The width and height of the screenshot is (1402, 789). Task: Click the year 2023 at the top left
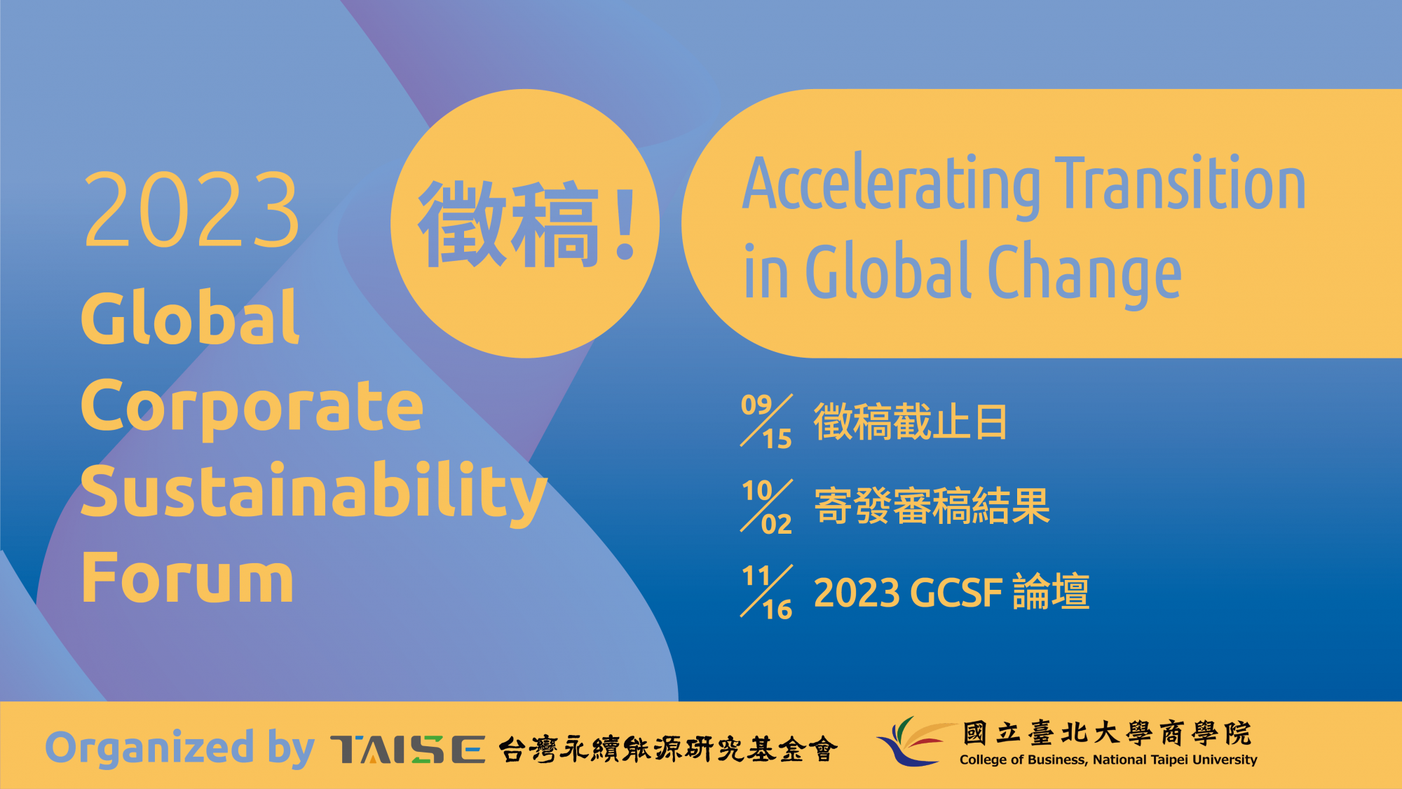[x=191, y=210]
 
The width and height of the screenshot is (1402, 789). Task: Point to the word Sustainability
[x=314, y=493]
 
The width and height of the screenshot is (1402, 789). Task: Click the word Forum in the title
[x=188, y=578]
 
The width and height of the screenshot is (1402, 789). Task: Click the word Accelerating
[x=892, y=185]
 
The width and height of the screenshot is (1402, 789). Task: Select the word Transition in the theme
[x=1181, y=182]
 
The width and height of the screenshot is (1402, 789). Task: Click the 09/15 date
[x=767, y=421]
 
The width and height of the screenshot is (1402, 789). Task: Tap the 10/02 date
[x=767, y=506]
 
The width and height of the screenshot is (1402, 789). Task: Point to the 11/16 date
[x=767, y=592]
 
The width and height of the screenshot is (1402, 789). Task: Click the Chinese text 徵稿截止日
[x=911, y=422]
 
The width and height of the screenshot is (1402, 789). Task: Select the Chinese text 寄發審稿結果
[x=932, y=506]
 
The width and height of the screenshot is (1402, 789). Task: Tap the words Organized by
[x=180, y=748]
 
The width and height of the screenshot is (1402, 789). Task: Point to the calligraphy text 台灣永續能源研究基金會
[x=668, y=749]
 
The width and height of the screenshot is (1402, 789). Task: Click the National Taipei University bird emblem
[x=916, y=741]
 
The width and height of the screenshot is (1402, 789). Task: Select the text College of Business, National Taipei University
[x=1108, y=760]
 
